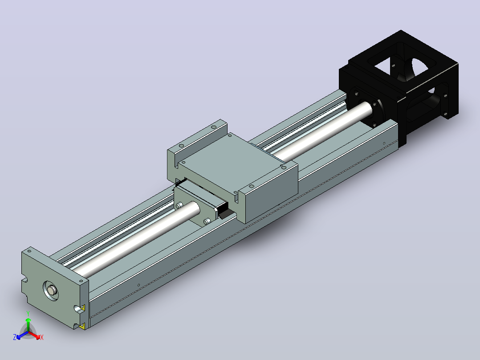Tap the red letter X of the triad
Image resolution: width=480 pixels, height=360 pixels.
click(42, 337)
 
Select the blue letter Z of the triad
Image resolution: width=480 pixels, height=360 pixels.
click(15, 337)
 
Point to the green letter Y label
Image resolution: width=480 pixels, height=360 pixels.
click(28, 314)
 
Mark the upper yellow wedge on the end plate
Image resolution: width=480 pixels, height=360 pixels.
click(83, 307)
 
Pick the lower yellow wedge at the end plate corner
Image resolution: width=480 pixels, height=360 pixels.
click(82, 327)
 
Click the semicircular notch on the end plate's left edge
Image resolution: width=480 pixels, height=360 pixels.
click(24, 280)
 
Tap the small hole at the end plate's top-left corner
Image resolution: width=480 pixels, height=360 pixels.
click(29, 251)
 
